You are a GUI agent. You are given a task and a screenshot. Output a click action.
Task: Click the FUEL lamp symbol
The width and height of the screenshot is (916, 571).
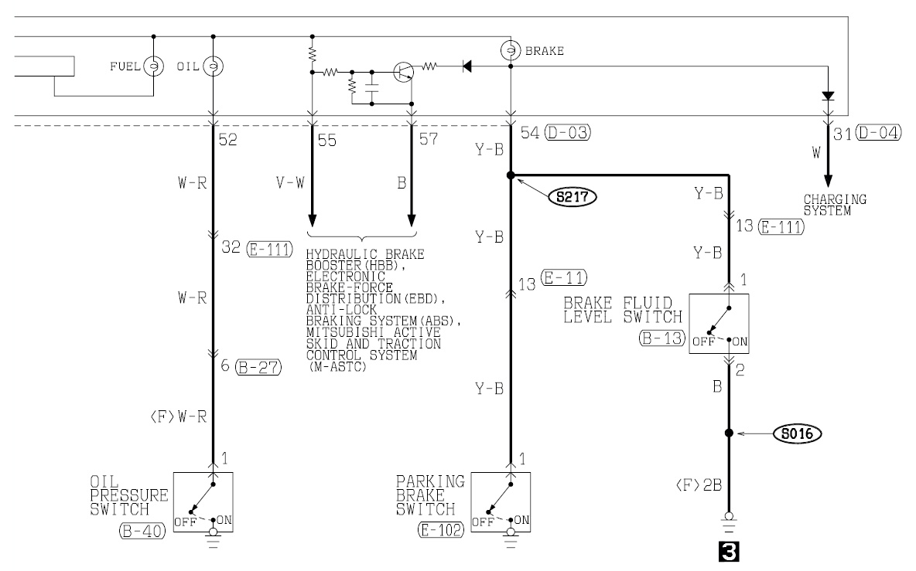point(154,66)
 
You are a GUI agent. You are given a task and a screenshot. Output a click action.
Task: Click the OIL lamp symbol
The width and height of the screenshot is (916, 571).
point(214,66)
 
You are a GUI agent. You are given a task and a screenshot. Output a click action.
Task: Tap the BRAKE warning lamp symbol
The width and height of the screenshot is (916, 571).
point(511,51)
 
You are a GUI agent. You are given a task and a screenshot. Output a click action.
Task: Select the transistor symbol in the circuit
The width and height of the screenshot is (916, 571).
point(403,72)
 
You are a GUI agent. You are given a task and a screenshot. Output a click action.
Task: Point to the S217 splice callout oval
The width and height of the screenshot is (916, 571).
point(572,197)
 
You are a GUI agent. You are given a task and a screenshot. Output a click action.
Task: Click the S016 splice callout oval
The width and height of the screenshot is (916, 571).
point(797,433)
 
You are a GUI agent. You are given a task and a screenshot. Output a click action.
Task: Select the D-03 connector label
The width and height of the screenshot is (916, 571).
point(567,133)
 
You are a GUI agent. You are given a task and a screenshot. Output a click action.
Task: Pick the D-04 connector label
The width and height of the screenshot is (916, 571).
point(878,133)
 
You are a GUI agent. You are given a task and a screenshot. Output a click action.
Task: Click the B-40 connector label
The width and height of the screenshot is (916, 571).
point(142,532)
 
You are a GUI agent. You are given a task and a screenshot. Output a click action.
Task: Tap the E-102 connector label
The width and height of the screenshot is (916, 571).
point(441,529)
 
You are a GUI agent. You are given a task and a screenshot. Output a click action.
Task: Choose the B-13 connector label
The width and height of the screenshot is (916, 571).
point(661,338)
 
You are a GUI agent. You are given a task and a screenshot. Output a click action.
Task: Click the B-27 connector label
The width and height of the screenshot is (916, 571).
point(258,367)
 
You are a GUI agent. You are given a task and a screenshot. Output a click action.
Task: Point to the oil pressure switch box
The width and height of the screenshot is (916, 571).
point(203,501)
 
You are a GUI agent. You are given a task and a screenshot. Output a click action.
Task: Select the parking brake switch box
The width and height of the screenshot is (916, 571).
point(501,501)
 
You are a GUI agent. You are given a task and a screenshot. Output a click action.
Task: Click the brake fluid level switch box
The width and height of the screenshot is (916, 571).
point(719,324)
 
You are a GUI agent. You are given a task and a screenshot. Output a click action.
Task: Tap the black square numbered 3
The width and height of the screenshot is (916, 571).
point(729,552)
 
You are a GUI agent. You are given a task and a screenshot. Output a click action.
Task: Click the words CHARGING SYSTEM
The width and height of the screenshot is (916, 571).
point(835,206)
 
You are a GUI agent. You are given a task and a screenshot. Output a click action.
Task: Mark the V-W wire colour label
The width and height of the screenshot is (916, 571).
point(290,183)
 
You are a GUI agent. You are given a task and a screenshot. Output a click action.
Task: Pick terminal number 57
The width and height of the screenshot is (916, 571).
point(428,139)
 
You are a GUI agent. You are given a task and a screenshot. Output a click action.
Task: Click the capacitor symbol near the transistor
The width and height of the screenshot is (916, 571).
point(372,88)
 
